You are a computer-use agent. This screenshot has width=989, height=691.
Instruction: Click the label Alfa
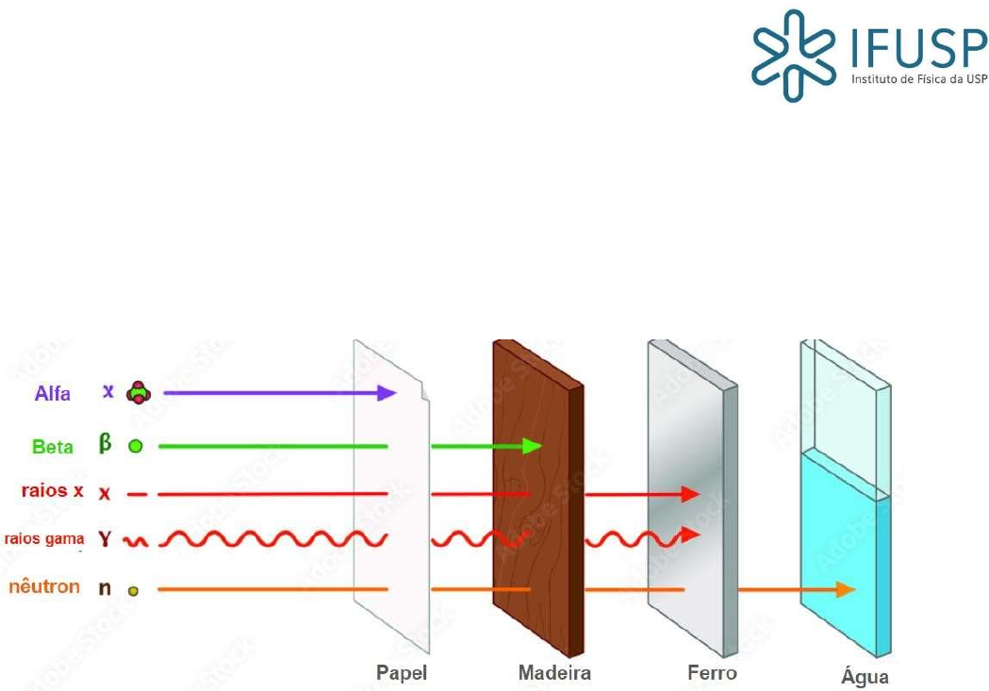click(x=53, y=393)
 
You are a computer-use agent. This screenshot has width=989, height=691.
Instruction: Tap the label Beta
click(x=53, y=447)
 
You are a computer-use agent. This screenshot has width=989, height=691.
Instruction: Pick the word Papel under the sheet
click(x=402, y=673)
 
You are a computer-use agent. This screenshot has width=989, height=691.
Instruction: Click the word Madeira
click(x=554, y=673)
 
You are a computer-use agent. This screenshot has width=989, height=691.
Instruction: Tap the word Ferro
click(x=712, y=673)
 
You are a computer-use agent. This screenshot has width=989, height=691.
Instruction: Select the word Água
click(x=865, y=676)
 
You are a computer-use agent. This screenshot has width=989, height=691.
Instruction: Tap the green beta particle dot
click(x=136, y=447)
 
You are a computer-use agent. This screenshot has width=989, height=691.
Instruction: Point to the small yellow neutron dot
click(x=134, y=591)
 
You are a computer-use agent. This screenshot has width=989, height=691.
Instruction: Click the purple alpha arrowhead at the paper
click(x=386, y=392)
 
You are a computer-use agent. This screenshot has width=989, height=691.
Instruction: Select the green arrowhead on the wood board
click(x=534, y=445)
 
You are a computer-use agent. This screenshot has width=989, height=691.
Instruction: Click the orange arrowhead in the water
click(x=846, y=589)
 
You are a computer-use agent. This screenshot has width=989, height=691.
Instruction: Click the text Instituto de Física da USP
click(x=919, y=80)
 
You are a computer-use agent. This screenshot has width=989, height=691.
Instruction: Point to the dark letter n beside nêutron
click(x=106, y=589)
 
